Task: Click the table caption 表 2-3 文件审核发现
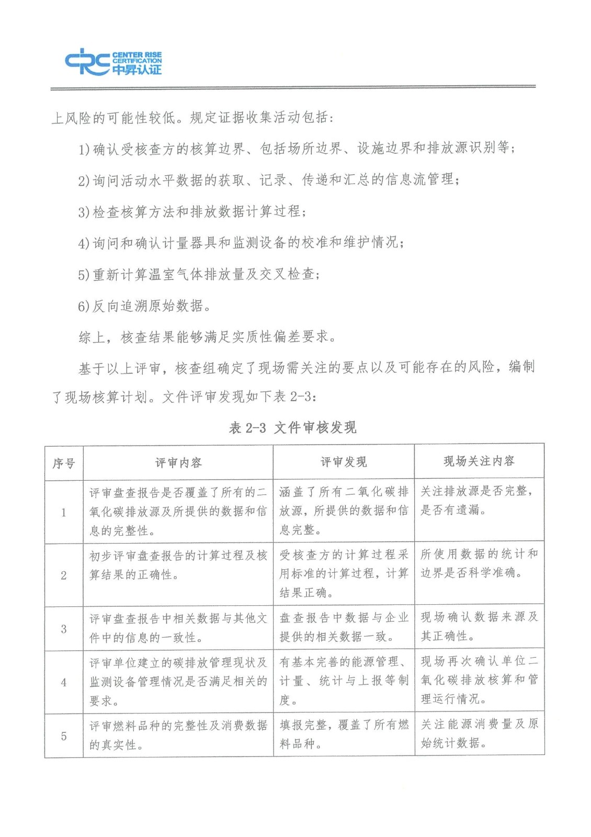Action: pos(292,428)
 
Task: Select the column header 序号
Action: pos(64,463)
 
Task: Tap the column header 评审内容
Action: pos(178,462)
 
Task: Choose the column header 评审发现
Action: pos(343,462)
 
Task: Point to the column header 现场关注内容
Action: pos(479,461)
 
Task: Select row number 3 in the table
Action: pos(64,629)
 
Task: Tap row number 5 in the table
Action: pos(64,736)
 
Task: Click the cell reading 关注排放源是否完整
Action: pos(479,501)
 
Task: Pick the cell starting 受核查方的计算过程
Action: pos(343,573)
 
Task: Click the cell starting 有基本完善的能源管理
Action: pos(343,681)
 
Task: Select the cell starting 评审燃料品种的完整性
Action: pos(178,735)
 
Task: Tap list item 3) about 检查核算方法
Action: pos(192,212)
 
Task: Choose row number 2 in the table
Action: pos(64,575)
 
